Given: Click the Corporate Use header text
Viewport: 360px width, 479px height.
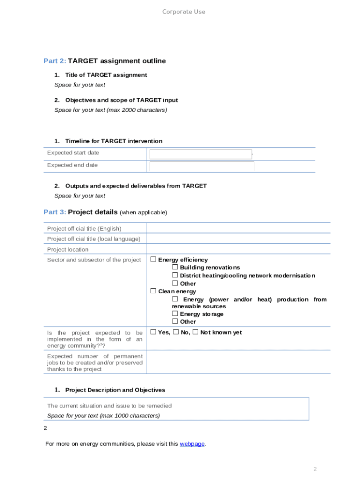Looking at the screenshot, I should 183,12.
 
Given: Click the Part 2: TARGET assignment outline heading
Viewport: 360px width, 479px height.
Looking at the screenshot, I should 104,61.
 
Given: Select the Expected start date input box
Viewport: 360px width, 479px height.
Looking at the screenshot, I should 201,154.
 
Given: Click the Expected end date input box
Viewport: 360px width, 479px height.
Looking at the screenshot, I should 202,167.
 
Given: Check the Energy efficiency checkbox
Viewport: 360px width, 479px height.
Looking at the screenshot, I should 153,259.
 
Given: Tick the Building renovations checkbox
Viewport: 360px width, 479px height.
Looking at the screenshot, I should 175,267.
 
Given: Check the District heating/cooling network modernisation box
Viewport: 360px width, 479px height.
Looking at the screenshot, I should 175,275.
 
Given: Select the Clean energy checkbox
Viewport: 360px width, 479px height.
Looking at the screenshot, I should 153,291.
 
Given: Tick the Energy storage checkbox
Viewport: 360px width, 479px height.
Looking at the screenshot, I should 175,313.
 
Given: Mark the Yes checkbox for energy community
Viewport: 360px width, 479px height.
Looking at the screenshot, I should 153,332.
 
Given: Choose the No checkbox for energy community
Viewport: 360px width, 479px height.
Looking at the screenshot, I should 176,332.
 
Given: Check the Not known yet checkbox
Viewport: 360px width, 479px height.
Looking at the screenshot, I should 195,332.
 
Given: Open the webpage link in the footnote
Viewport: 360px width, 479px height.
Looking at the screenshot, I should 192,444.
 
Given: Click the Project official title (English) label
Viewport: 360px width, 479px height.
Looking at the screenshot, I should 84,229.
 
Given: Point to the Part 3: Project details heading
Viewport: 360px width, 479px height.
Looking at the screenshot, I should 105,212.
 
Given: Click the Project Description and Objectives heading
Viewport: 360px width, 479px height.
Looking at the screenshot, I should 115,390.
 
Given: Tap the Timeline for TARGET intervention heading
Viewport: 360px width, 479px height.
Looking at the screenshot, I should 114,141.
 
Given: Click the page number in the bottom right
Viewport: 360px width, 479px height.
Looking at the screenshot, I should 315,469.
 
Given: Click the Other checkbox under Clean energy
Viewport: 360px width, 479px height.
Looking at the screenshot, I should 175,321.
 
